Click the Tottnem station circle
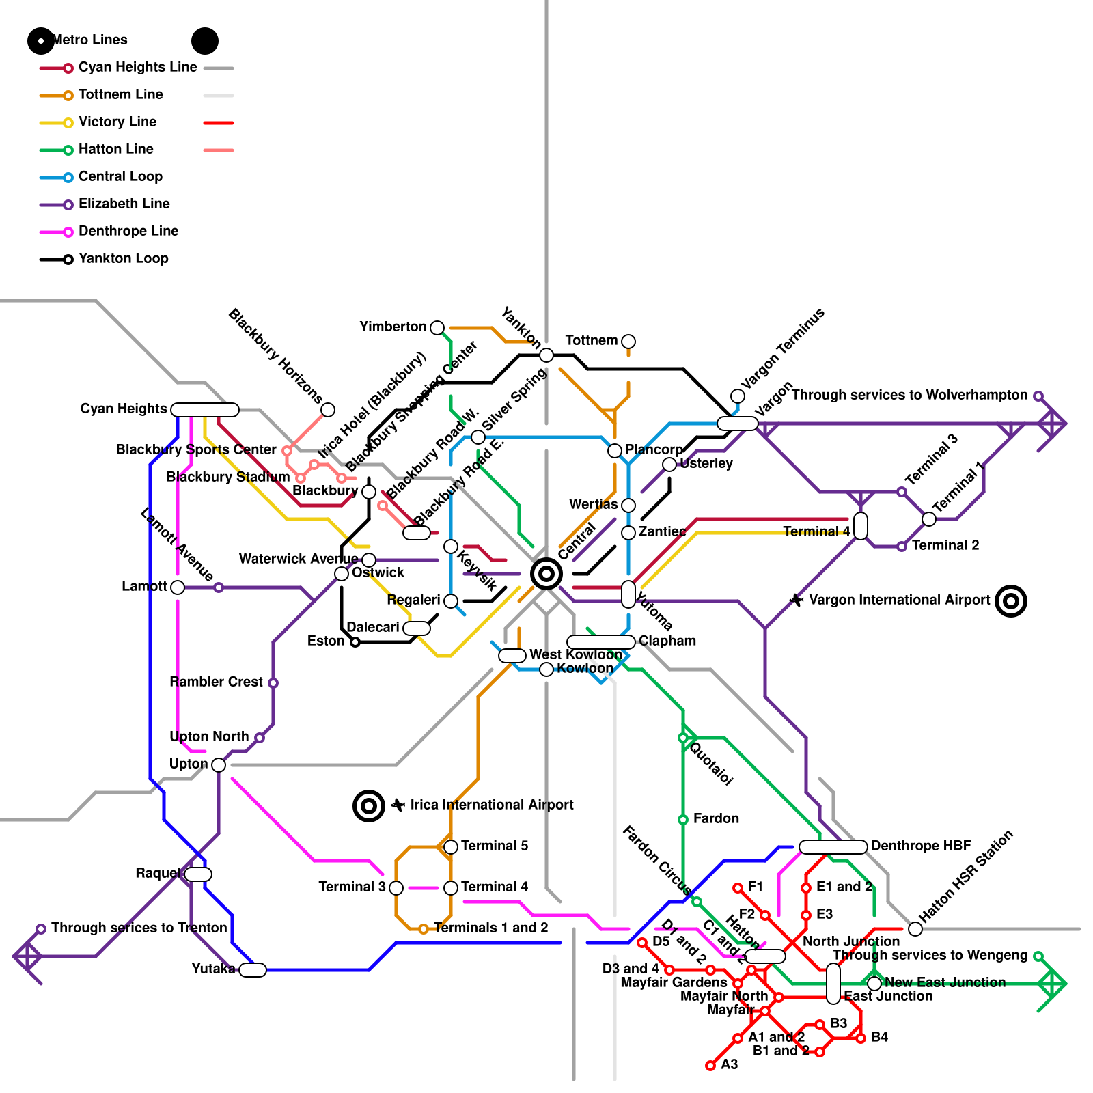click(x=628, y=341)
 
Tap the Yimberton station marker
click(x=437, y=328)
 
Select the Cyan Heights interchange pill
click(x=205, y=410)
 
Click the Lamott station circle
click(x=178, y=587)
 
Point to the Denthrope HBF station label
click(x=921, y=846)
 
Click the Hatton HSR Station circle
click(x=915, y=928)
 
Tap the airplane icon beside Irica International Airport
click(x=398, y=805)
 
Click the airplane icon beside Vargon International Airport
click(x=797, y=600)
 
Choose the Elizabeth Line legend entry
click(x=124, y=204)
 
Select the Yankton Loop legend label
click(x=123, y=259)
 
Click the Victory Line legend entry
click(x=117, y=122)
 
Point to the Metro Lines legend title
click(x=89, y=40)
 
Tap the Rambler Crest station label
click(x=216, y=682)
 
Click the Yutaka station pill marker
click(x=253, y=969)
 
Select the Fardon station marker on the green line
click(x=683, y=819)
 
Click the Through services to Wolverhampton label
click(x=909, y=396)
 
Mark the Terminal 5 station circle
click(x=451, y=847)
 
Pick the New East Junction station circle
click(x=874, y=984)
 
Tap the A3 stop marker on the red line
click(x=710, y=1066)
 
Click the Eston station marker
click(x=355, y=642)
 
